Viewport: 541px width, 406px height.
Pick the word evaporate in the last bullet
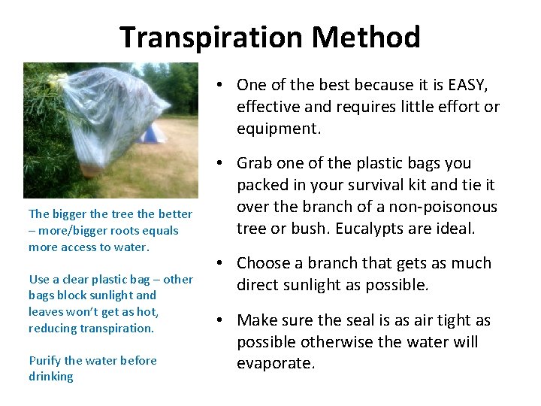pos(274,363)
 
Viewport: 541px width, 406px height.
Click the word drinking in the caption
pos(51,376)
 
